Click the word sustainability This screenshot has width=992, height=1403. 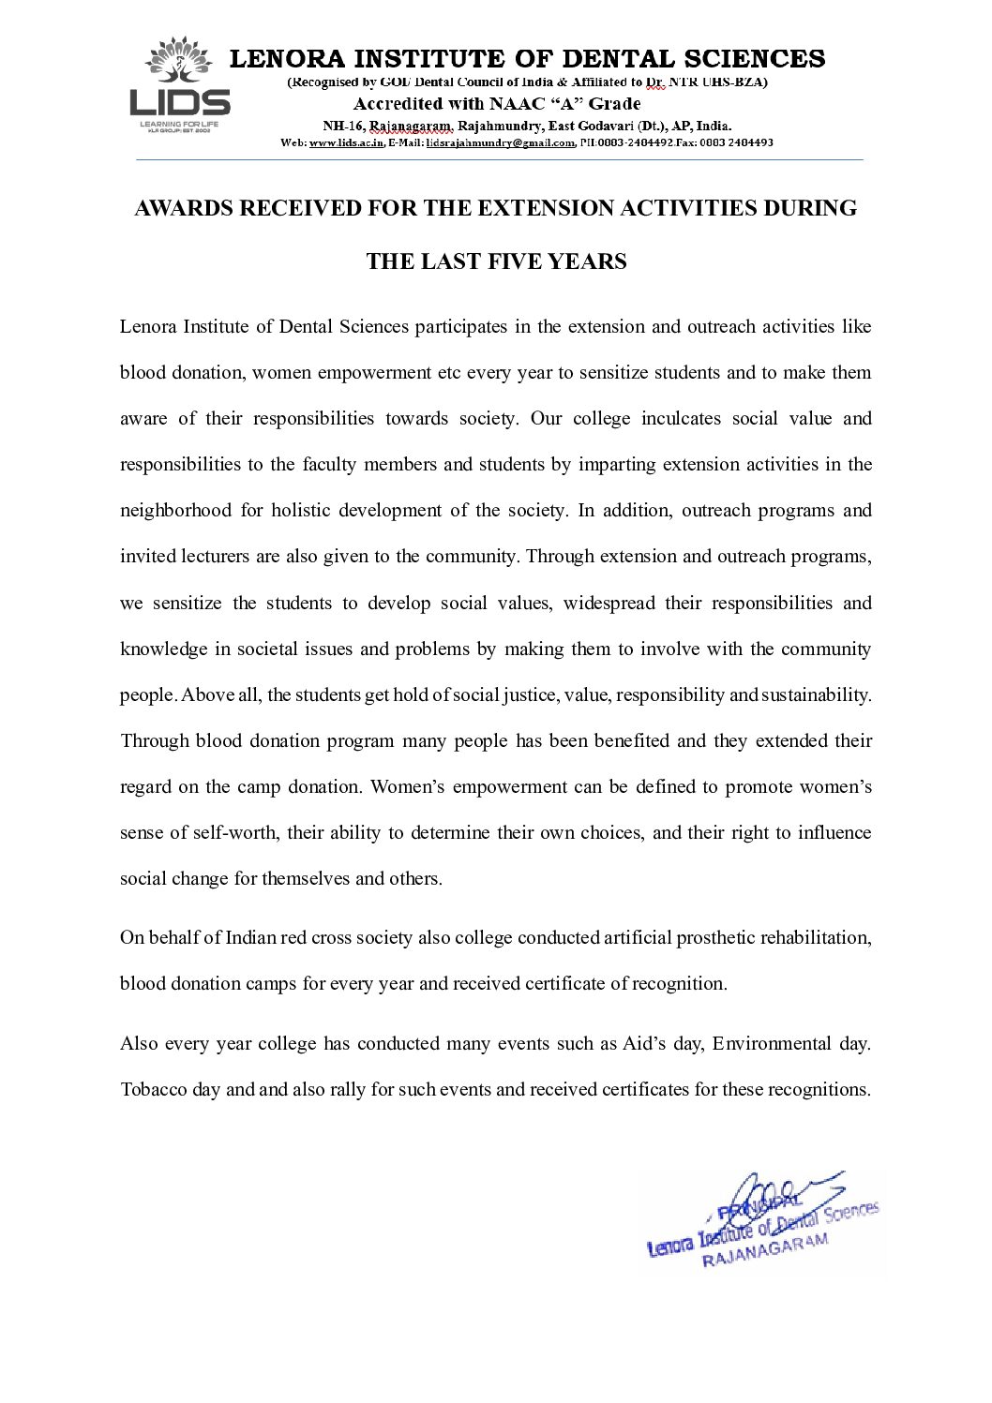(816, 694)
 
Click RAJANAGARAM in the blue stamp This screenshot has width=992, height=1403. (766, 1250)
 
